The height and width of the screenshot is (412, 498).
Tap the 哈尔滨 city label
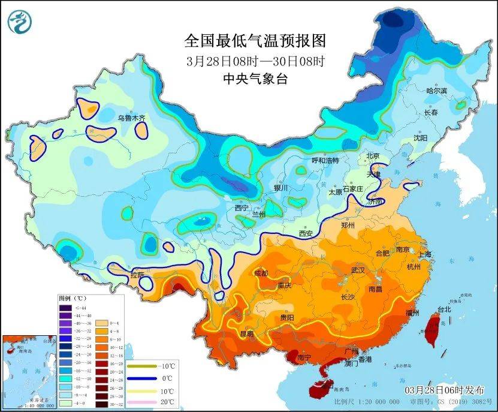(x=436, y=91)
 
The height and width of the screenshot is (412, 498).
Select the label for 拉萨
(x=137, y=275)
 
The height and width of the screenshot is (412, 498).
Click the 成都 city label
(x=262, y=273)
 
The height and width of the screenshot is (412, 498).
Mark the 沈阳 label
(x=421, y=138)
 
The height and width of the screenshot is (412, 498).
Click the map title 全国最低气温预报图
(x=255, y=41)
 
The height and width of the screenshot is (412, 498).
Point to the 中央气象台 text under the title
(x=255, y=78)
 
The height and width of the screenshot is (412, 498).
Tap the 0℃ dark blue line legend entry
(x=155, y=378)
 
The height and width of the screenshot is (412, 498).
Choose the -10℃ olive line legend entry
(x=155, y=366)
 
